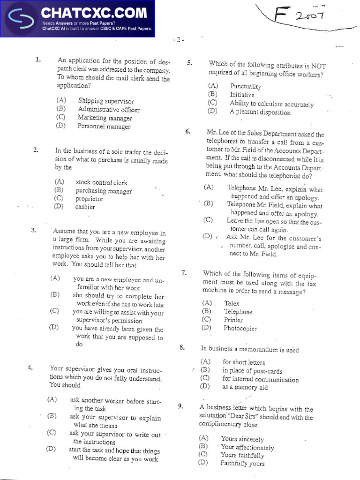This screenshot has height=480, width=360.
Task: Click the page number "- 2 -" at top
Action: [178, 40]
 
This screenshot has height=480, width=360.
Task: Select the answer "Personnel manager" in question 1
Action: [104, 126]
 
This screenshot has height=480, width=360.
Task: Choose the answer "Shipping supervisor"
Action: [106, 101]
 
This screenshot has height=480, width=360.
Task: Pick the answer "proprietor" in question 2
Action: [89, 199]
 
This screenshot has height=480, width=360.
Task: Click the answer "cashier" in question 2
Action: [85, 207]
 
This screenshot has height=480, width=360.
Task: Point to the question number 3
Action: [34, 230]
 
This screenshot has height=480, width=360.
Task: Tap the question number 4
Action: [30, 368]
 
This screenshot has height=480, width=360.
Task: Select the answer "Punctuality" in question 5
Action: [245, 86]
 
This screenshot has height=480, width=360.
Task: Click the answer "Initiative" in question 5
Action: [242, 95]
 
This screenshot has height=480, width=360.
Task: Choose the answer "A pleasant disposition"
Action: [260, 112]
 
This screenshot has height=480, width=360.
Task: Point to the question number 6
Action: [187, 132]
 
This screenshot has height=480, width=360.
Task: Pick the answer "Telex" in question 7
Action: [232, 304]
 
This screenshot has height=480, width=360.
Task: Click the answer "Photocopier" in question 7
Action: [240, 329]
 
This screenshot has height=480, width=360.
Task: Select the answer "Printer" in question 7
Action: [233, 320]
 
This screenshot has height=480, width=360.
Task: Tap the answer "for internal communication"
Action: [260, 379]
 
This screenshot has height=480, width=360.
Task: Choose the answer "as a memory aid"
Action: [245, 388]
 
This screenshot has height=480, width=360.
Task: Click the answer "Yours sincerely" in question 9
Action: [242, 440]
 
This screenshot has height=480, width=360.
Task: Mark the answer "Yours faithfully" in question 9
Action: [242, 456]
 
